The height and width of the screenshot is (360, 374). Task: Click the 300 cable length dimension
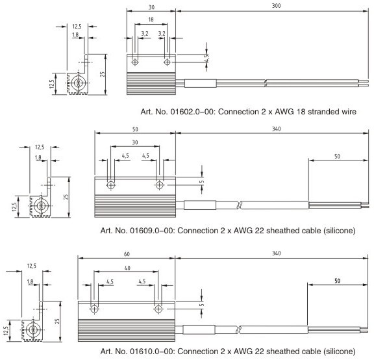click(276, 5)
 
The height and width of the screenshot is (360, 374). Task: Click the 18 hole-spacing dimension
click(151, 19)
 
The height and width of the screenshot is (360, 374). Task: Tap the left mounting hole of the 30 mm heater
click(135, 62)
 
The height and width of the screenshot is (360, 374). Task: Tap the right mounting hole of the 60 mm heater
click(158, 309)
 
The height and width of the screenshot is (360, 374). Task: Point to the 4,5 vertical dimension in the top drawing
click(206, 58)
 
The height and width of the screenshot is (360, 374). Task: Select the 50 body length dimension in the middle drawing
click(135, 129)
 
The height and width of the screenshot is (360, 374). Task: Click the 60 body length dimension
click(127, 254)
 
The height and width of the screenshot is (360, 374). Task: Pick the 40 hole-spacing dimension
click(127, 268)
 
